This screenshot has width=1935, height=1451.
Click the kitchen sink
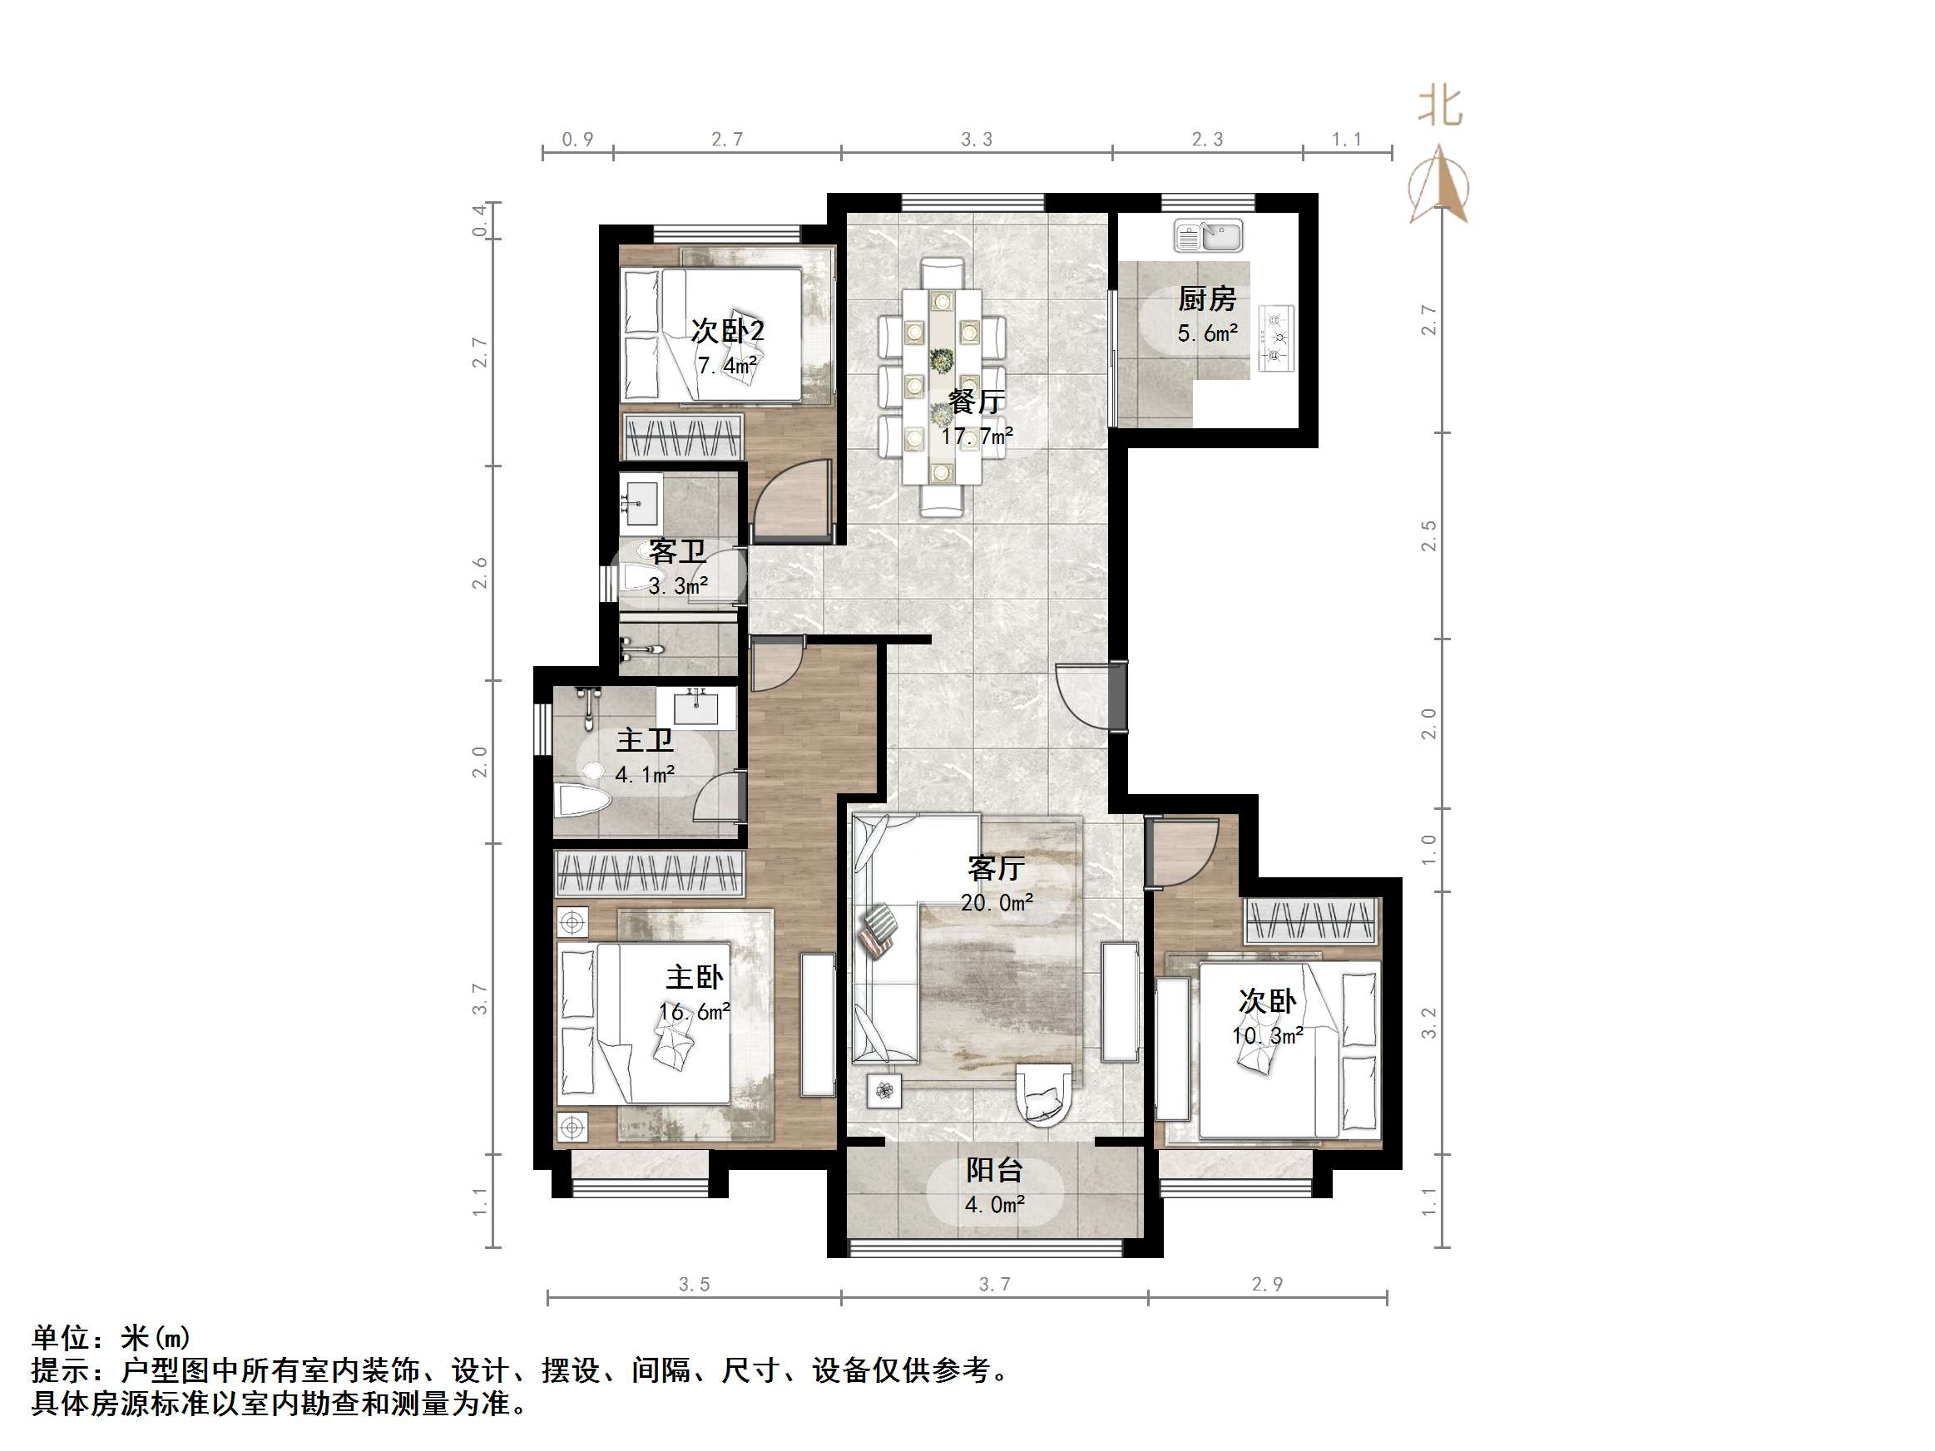pyautogui.click(x=1208, y=236)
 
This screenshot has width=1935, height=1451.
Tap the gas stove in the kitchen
pyautogui.click(x=1276, y=338)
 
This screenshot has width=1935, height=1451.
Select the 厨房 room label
pyautogui.click(x=1206, y=300)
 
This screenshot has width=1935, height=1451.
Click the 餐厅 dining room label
pyautogui.click(x=977, y=402)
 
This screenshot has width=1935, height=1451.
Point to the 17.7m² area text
pyautogui.click(x=977, y=436)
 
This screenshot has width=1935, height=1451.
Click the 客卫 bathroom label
pyautogui.click(x=676, y=552)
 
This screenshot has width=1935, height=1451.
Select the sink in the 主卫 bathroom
pyautogui.click(x=695, y=707)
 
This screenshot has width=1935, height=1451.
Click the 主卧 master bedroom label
pyautogui.click(x=694, y=977)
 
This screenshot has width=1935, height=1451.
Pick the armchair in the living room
pyautogui.click(x=1043, y=1094)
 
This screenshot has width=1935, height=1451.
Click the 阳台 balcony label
pyautogui.click(x=994, y=1170)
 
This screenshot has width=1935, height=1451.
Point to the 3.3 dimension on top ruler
pyautogui.click(x=977, y=139)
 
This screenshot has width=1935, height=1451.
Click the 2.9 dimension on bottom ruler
pyautogui.click(x=1267, y=1284)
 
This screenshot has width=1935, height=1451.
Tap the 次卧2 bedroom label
pyautogui.click(x=727, y=331)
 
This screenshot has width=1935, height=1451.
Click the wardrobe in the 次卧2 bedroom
pyautogui.click(x=682, y=437)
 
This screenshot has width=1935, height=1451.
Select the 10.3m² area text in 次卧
pyautogui.click(x=1267, y=1036)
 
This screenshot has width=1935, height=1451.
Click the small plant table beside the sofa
pyautogui.click(x=883, y=1091)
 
